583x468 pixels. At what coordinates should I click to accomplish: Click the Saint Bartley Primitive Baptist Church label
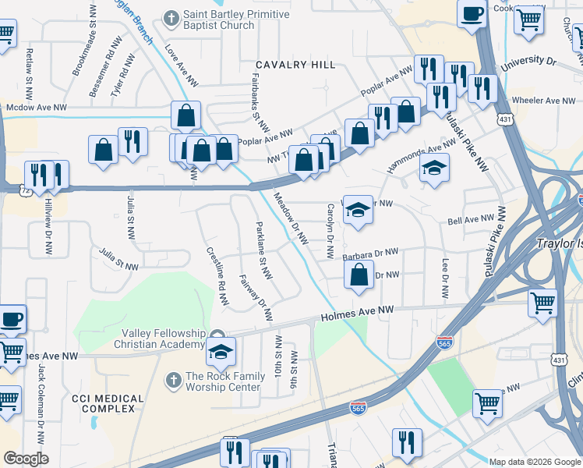(x=218, y=20)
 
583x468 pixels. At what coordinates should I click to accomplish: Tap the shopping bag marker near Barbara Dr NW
(x=358, y=275)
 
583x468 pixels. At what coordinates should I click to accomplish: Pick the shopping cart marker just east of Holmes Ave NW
(x=542, y=302)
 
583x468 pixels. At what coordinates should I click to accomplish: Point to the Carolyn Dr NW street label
(x=331, y=231)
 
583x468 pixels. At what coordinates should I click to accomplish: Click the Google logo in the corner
(x=26, y=458)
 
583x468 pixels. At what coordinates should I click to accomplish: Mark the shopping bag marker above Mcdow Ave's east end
(x=186, y=116)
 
